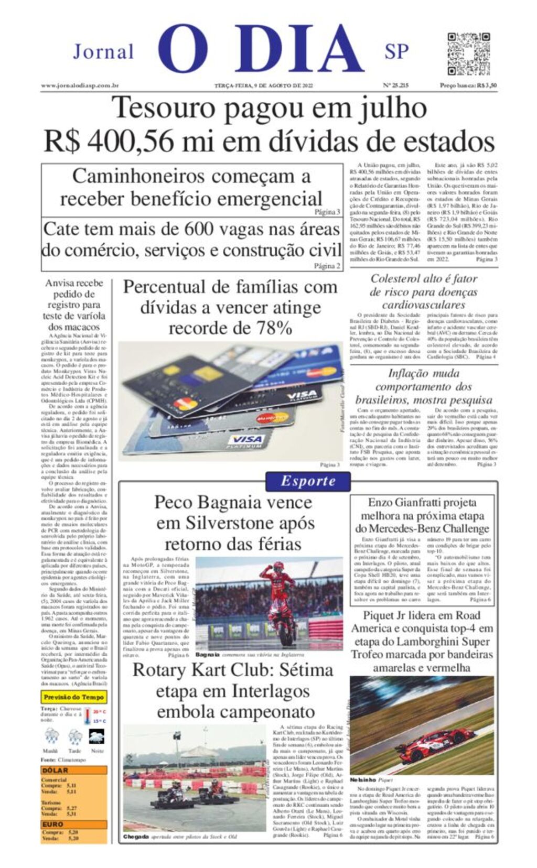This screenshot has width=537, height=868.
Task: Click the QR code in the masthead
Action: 468,53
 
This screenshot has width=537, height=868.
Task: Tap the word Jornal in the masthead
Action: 103,52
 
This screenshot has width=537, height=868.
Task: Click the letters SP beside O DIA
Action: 396,52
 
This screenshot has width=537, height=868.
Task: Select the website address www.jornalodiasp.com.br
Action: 80,85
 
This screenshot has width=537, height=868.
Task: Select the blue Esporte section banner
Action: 308,481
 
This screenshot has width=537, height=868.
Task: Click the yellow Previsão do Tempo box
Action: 74,697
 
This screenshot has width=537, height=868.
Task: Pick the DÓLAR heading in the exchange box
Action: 55,770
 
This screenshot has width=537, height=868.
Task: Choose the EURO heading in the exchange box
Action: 53,824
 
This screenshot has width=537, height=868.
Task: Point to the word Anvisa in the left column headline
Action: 60,283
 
